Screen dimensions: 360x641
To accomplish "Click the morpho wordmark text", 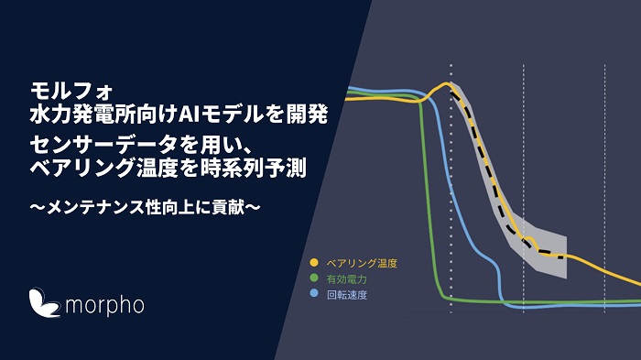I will [103, 302].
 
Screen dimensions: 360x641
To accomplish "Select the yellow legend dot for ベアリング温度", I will [315, 263].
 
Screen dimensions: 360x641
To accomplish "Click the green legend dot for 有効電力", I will [315, 278].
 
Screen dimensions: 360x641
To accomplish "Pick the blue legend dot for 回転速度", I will [315, 294].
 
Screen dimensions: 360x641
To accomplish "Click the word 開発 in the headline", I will [307, 115].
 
